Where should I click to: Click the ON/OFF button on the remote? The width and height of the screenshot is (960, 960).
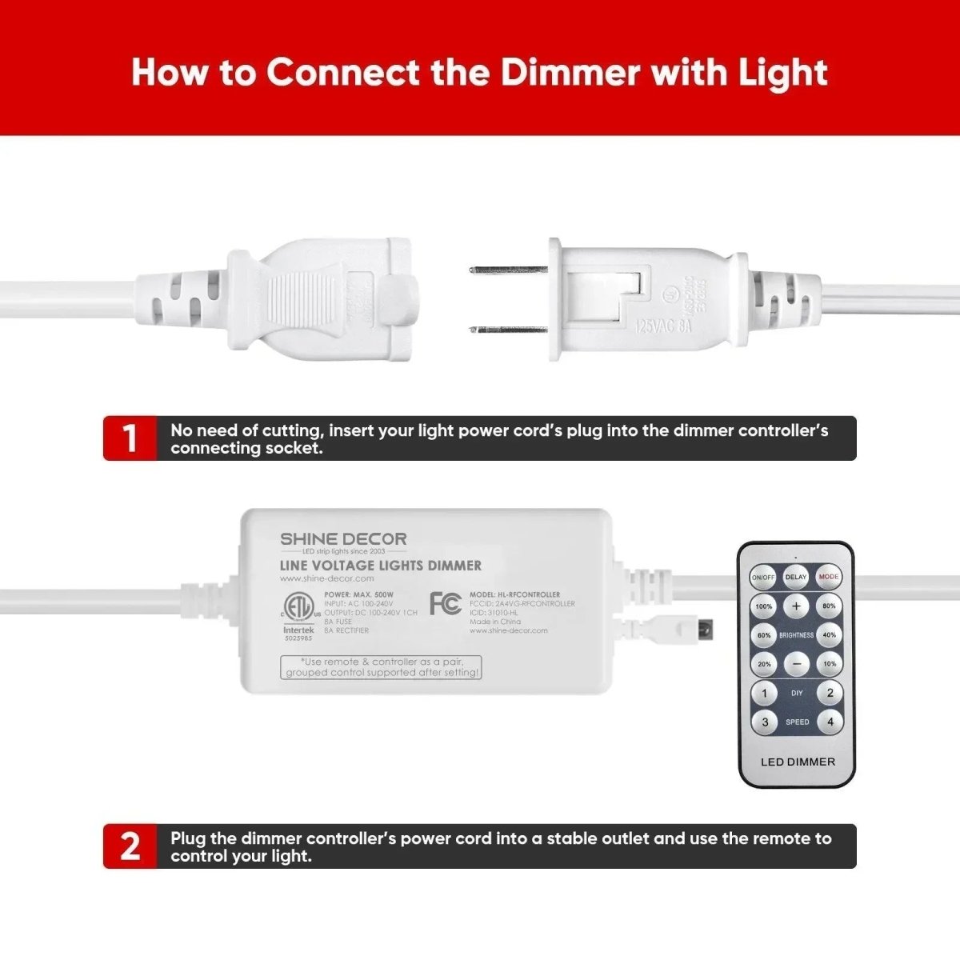[762, 577]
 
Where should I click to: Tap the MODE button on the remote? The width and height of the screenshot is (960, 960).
[829, 576]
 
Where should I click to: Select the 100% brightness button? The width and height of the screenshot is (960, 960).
[763, 606]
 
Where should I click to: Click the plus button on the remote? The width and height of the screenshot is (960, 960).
[796, 606]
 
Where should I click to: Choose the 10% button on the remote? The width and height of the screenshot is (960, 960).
[830, 664]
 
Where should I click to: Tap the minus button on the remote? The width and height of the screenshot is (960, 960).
[796, 663]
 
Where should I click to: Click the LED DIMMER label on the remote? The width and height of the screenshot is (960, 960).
[797, 762]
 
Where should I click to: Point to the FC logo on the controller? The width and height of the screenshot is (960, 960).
[446, 603]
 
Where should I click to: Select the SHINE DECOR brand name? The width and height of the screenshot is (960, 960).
[343, 539]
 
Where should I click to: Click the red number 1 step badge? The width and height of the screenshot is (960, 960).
[130, 438]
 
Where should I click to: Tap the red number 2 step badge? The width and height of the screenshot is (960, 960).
[130, 846]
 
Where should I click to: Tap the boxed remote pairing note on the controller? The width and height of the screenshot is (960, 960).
[381, 667]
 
